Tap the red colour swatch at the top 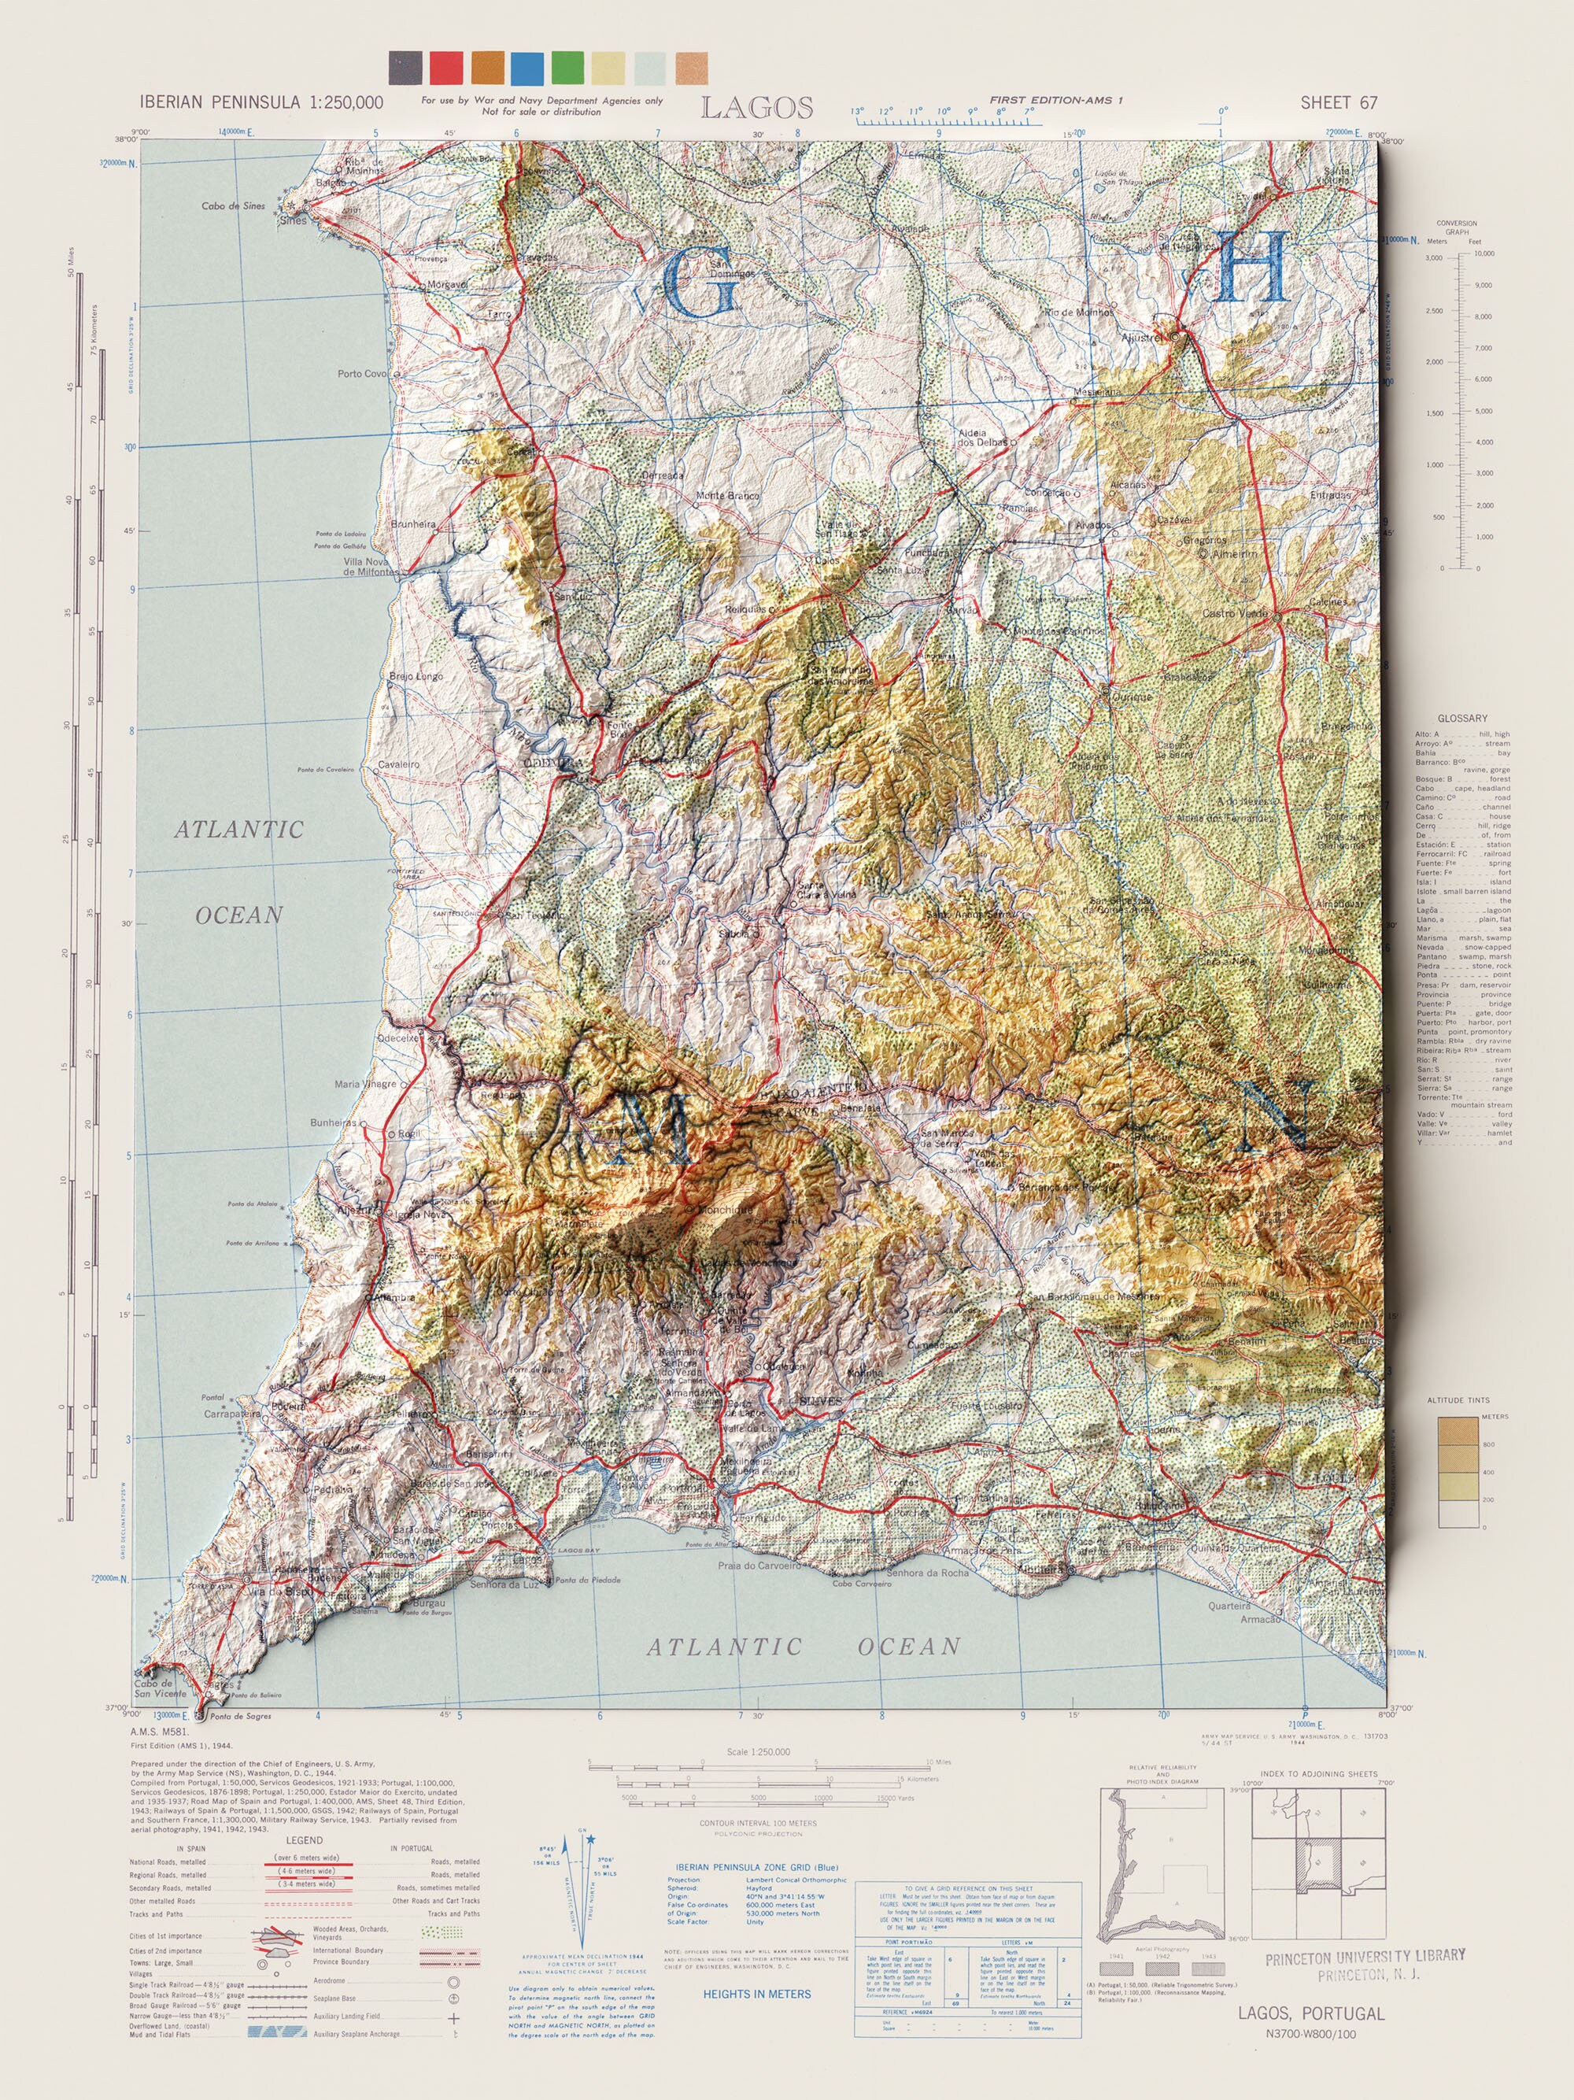click(x=446, y=68)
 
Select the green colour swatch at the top click(x=567, y=68)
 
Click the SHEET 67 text click(x=1338, y=102)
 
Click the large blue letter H click(x=1252, y=267)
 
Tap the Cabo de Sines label click(x=234, y=206)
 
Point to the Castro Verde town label click(x=1234, y=613)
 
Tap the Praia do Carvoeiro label click(x=759, y=1566)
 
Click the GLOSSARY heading click(x=1462, y=719)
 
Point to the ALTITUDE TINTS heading click(x=1458, y=1400)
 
